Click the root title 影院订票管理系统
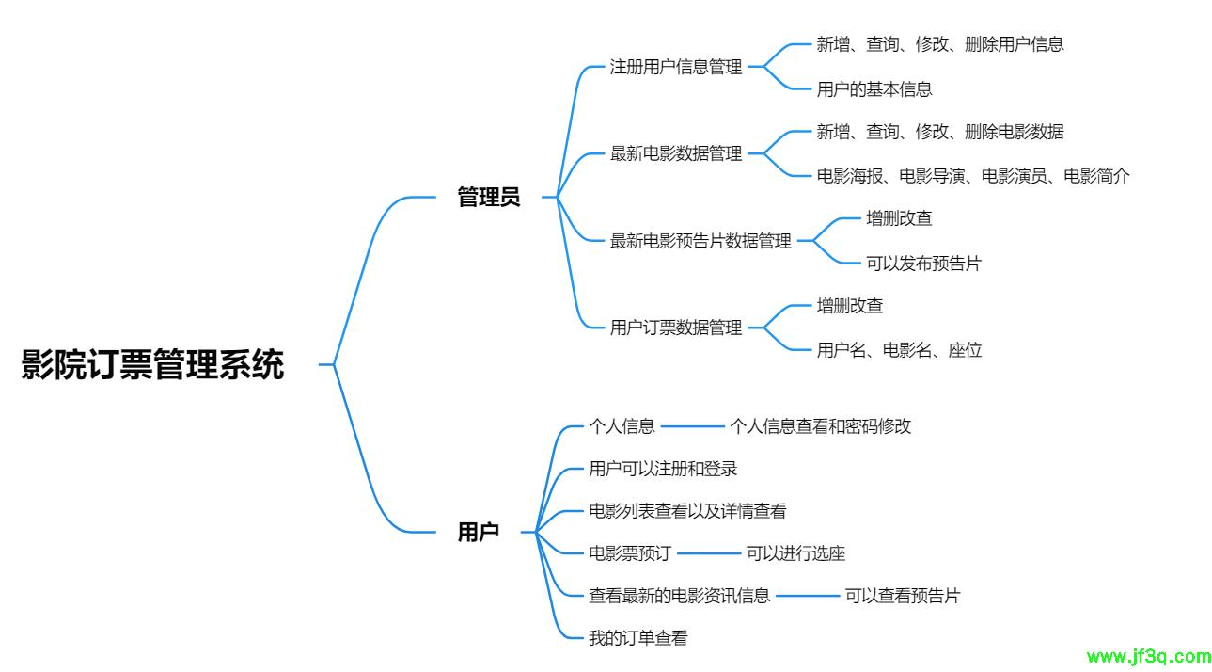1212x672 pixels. point(152,364)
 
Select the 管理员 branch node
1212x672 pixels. point(488,198)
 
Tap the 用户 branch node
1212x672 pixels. point(478,532)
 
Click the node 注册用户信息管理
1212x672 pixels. point(676,68)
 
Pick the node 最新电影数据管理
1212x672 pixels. point(676,154)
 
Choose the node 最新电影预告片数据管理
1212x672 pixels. point(700,242)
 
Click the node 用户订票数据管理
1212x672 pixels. point(676,328)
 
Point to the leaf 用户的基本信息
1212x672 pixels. point(874,90)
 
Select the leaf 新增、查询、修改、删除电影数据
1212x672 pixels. point(940,132)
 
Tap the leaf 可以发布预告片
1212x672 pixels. point(923,264)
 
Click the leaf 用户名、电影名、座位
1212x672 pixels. point(899,351)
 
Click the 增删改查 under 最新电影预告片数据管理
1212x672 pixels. point(899,218)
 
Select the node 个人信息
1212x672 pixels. point(622,426)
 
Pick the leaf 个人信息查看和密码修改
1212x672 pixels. point(820,426)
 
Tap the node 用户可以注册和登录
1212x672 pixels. point(663,469)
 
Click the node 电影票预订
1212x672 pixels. point(630,553)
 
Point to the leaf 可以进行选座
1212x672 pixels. point(795,553)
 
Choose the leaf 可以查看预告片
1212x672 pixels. point(902,596)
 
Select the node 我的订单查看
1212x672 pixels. point(638,638)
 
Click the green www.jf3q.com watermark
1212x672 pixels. point(1148,656)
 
